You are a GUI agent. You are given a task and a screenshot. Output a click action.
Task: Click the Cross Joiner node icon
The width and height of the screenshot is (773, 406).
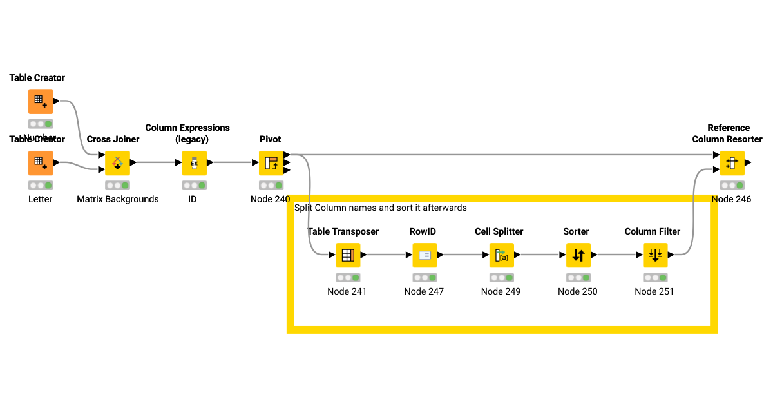(117, 163)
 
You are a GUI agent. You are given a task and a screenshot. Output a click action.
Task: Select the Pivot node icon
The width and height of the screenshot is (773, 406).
(271, 163)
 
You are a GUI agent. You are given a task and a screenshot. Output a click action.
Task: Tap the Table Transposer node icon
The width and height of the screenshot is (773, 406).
(348, 255)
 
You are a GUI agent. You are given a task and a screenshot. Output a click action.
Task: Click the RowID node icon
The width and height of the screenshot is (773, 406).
(425, 255)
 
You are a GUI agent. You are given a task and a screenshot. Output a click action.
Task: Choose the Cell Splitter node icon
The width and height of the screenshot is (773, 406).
(501, 255)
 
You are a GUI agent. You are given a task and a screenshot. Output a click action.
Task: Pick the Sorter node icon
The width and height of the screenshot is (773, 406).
(578, 255)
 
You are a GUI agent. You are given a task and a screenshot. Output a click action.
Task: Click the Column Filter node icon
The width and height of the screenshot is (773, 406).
(654, 255)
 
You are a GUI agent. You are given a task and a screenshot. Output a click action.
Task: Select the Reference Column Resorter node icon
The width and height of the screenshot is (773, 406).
(732, 163)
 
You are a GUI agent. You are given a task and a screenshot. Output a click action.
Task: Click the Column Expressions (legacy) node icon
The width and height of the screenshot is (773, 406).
(194, 163)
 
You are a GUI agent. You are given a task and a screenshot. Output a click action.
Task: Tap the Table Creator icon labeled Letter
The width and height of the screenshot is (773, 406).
(41, 163)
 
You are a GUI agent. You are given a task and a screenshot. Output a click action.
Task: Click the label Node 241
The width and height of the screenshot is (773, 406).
(347, 291)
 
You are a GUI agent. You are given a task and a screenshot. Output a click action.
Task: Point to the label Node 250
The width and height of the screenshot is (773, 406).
(577, 291)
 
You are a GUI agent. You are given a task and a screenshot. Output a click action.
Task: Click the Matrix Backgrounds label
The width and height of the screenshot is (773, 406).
(117, 199)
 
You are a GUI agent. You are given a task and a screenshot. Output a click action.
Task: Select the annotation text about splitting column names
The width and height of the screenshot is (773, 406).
(380, 208)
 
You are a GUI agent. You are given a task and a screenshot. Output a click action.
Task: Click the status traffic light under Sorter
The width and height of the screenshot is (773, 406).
(578, 278)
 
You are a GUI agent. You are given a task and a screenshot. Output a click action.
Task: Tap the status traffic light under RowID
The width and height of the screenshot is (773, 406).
(425, 278)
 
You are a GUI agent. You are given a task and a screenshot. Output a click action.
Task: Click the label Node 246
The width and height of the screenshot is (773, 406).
(731, 199)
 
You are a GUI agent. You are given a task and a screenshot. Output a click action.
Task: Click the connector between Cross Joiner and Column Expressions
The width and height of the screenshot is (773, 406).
(155, 163)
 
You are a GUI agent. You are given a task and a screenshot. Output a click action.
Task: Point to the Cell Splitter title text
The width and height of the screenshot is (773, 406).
(499, 231)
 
